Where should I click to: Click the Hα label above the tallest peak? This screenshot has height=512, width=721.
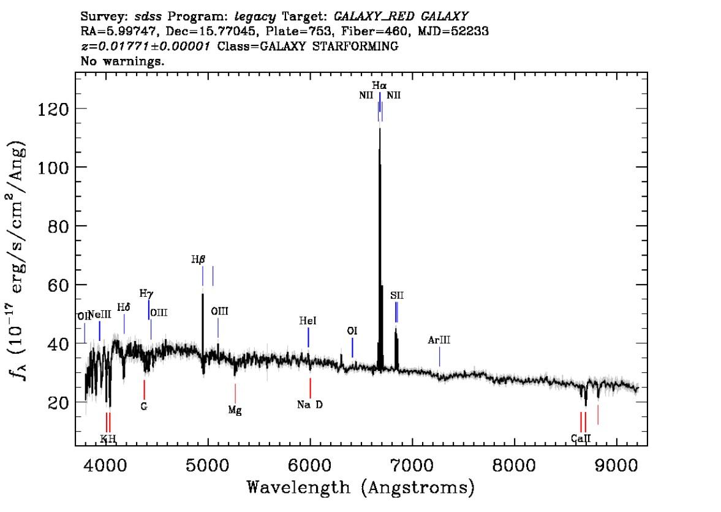[379, 85]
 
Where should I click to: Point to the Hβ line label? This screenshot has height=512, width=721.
[198, 259]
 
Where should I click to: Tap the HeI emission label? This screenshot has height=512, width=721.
[308, 321]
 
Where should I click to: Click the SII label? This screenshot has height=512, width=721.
[397, 296]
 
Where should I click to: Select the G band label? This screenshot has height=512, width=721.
[144, 406]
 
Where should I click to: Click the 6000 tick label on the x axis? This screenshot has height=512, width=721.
[309, 461]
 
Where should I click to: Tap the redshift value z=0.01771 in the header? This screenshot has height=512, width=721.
[129, 46]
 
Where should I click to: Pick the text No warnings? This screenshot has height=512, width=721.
[123, 61]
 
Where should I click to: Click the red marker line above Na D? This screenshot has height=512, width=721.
[310, 388]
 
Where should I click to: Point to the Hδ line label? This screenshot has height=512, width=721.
[124, 307]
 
